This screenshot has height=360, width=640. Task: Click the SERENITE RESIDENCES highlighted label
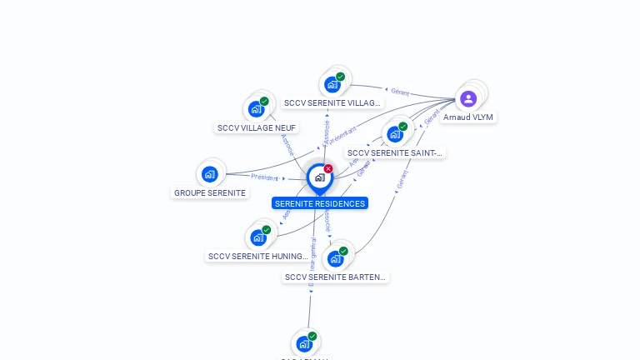(319, 203)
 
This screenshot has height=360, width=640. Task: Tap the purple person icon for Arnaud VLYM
(468, 99)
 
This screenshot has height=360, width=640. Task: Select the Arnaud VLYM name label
(468, 117)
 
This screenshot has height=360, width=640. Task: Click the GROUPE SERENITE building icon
(209, 174)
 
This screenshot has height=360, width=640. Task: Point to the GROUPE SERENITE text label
(210, 192)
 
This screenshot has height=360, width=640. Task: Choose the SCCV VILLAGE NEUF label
(257, 127)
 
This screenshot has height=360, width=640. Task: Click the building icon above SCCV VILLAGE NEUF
(256, 109)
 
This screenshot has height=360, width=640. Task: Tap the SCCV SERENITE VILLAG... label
(332, 103)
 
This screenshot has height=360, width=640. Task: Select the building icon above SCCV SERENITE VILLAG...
(332, 84)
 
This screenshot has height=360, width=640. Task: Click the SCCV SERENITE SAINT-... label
(396, 152)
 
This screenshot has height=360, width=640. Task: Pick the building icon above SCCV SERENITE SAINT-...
(395, 134)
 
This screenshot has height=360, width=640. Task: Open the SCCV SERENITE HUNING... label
(258, 256)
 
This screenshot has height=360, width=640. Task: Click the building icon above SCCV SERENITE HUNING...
(258, 237)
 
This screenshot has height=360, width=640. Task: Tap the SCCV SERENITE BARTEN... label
(336, 277)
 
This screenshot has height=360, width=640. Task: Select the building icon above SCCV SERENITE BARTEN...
(336, 258)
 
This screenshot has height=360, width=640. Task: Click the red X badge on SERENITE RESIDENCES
(328, 168)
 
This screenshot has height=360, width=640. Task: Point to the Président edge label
(264, 177)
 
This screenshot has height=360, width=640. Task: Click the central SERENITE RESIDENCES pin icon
(319, 177)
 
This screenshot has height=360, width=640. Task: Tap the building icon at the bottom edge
(304, 343)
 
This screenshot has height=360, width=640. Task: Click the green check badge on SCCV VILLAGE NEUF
(264, 102)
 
